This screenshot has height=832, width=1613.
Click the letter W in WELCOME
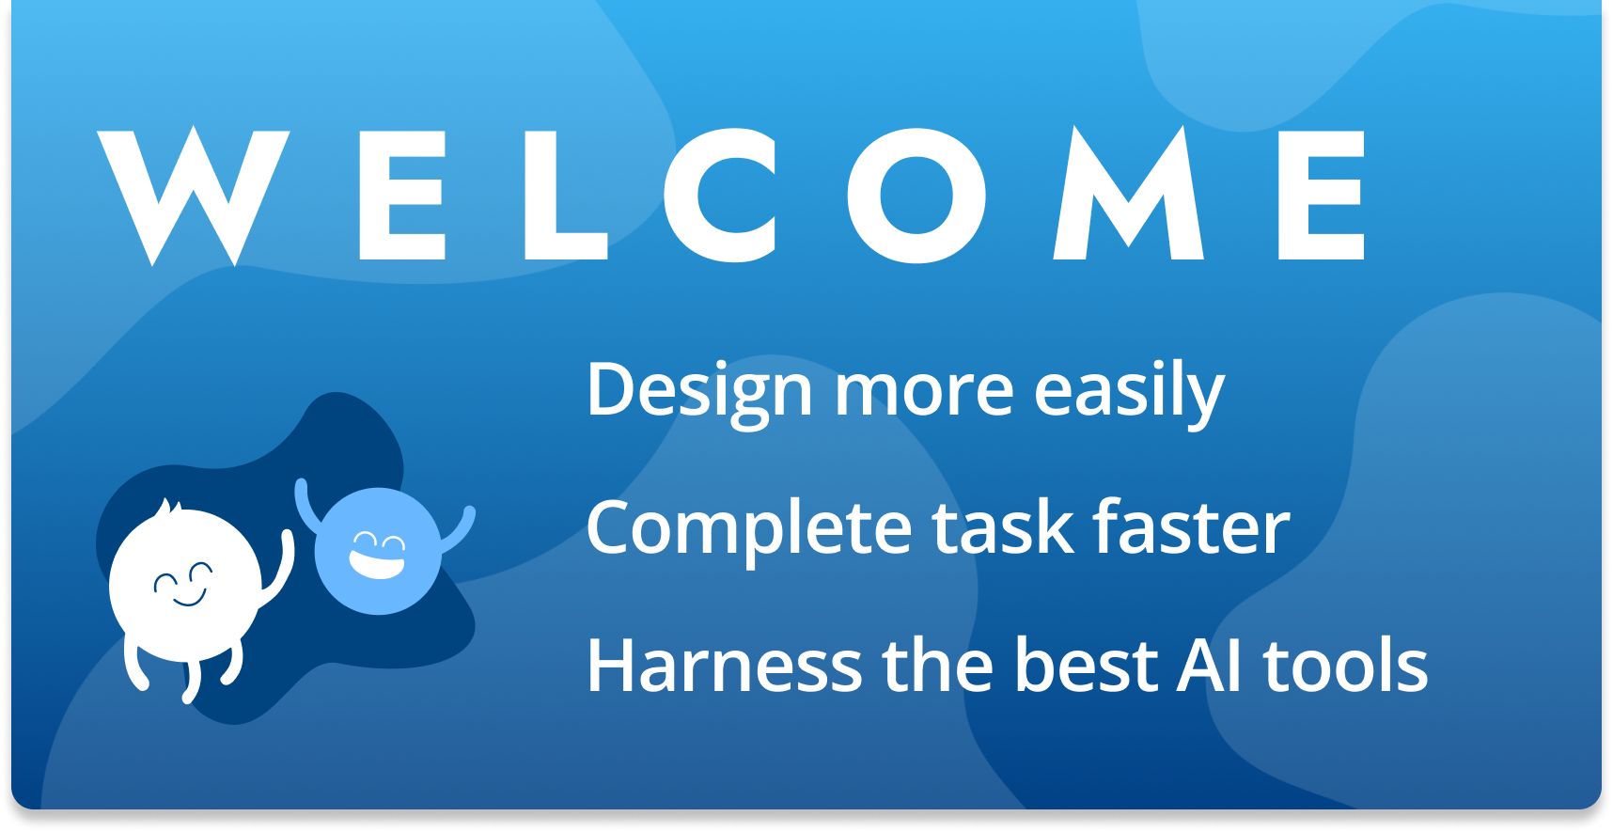click(x=193, y=196)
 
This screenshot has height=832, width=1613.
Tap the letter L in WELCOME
click(x=566, y=196)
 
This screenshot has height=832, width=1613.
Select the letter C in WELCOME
click(x=720, y=196)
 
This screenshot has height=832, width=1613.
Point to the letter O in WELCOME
click(x=916, y=196)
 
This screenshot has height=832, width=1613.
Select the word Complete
click(x=748, y=529)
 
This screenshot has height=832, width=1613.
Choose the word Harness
click(x=725, y=666)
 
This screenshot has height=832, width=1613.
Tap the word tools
click(x=1345, y=665)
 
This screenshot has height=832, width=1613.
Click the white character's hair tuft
click(x=168, y=510)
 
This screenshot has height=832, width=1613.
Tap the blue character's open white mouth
click(x=376, y=562)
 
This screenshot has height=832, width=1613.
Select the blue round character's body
click(x=378, y=551)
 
